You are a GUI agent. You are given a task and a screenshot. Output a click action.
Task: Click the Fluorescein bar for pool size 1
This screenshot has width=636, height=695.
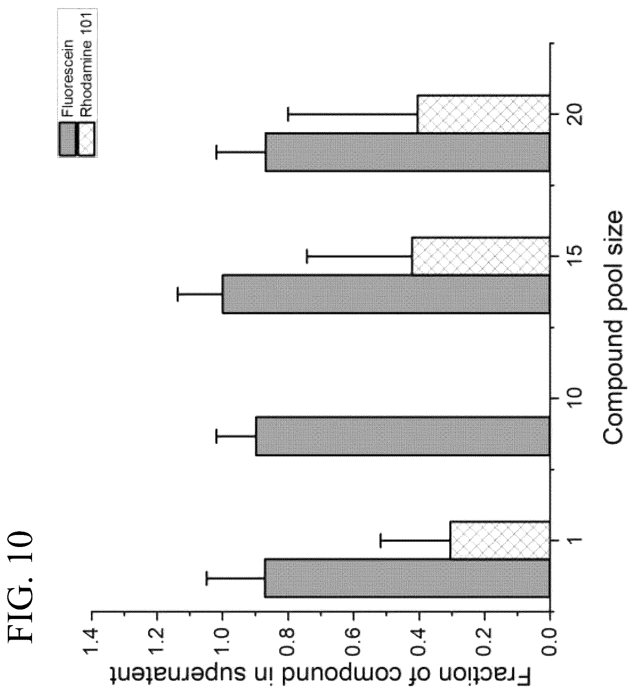pos(407,578)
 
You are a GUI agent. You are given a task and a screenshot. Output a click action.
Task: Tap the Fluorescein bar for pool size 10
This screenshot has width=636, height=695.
pos(403,435)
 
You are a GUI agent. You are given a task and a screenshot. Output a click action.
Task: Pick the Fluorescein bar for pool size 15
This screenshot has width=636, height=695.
pos(386,293)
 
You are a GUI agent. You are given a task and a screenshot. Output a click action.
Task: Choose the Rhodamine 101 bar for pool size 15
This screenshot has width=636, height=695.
pos(481,255)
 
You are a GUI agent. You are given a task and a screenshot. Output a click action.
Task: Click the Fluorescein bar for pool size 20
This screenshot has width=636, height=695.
pos(407,152)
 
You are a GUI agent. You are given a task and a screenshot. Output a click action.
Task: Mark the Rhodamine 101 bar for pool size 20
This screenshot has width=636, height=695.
pos(483,114)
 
